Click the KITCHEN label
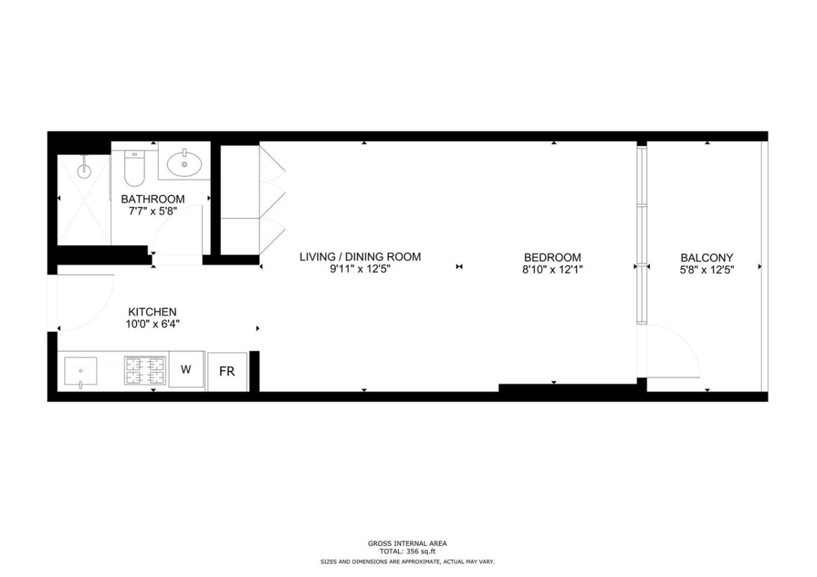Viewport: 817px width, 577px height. [x=152, y=312]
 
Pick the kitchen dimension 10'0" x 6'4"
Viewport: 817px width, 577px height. [x=152, y=324]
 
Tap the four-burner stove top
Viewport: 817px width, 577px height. [x=145, y=370]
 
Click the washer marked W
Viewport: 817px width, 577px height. [x=186, y=369]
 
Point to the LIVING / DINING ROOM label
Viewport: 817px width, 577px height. [x=360, y=257]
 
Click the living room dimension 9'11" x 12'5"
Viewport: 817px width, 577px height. [x=360, y=269]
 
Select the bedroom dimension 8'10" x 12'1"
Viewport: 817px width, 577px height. [x=553, y=270]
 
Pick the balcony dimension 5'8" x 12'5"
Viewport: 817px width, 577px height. [x=707, y=270]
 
